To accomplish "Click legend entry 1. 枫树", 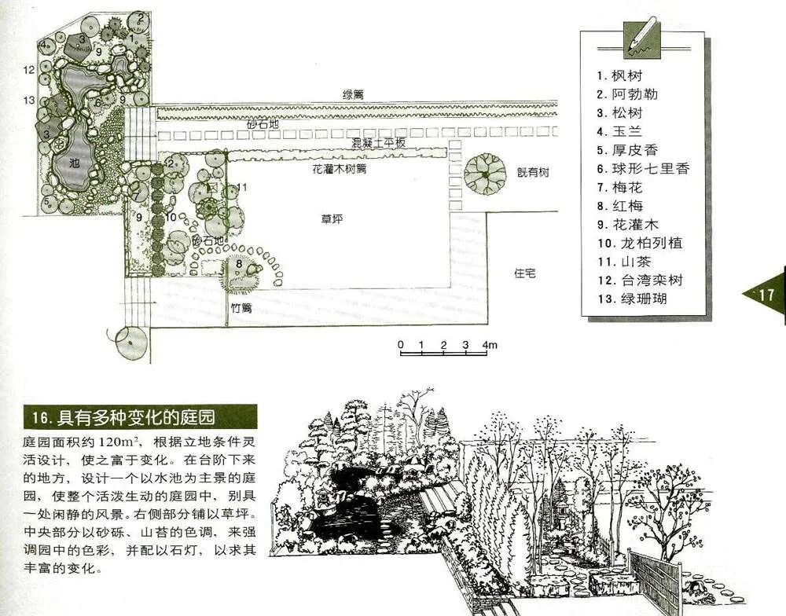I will point(619,76).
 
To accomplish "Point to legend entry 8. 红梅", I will point(619,206).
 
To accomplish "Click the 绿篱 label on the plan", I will point(352,94).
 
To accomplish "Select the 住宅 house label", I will point(525,273).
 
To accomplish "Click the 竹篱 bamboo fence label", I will point(241,308).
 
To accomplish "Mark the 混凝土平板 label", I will point(378,143).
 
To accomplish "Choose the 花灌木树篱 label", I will point(339,168).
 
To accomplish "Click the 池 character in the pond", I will point(74,163).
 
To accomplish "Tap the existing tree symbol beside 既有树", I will point(485,170).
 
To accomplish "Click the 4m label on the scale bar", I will point(490,345).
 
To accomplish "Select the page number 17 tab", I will point(766,295).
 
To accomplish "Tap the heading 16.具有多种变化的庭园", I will point(139,416).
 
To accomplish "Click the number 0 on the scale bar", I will point(400,345).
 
